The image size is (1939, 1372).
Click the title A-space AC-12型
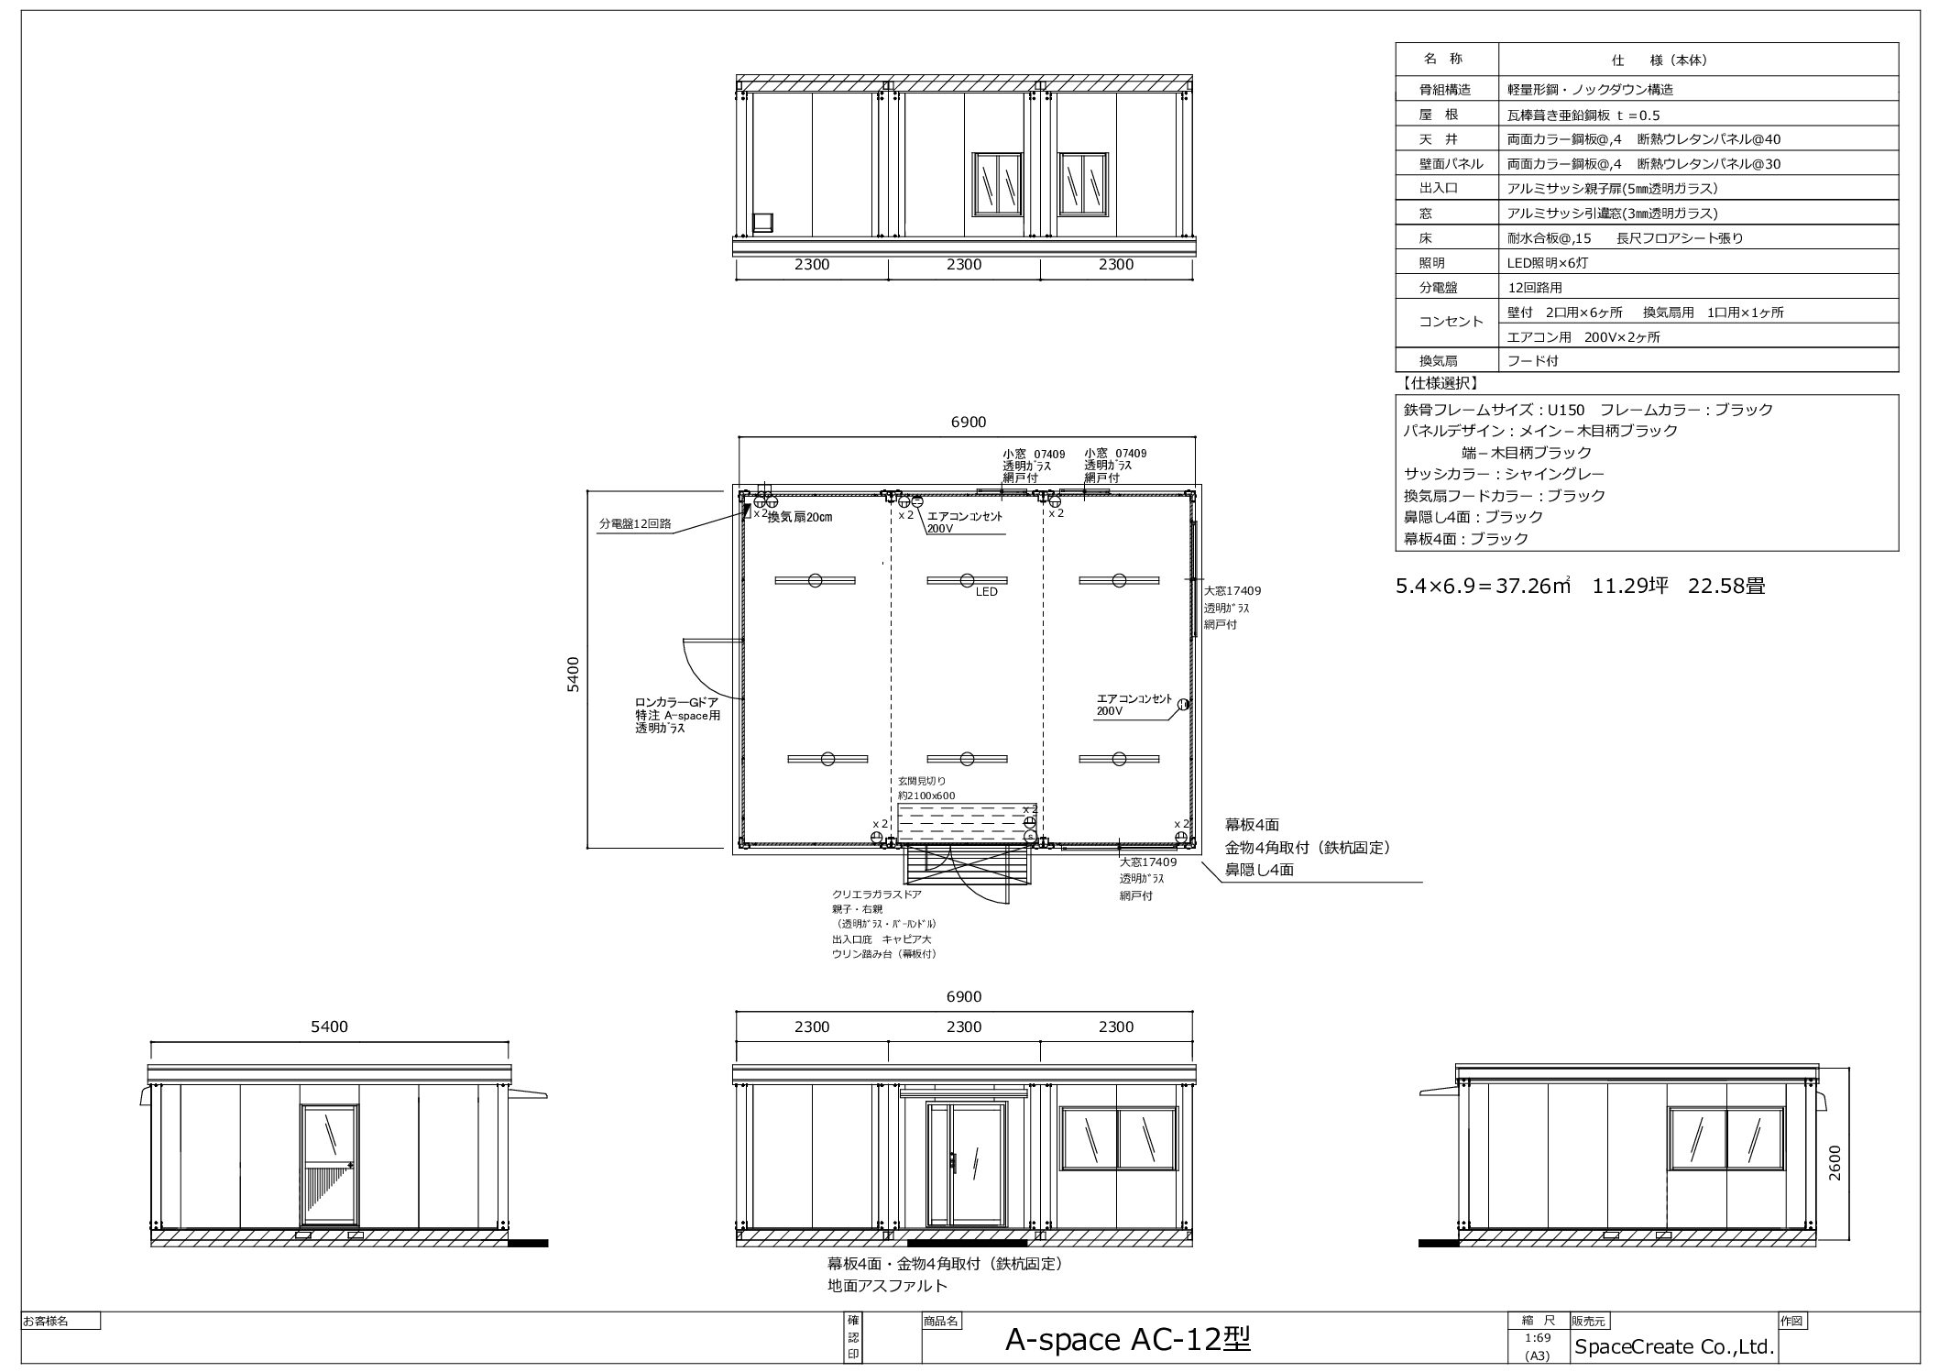coord(1127,1340)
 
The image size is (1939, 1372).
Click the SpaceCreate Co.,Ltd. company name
coord(1674,1347)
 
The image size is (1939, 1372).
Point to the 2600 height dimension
coord(1834,1162)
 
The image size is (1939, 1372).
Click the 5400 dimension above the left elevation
coord(329,1026)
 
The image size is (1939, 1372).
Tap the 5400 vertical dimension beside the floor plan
coord(573,674)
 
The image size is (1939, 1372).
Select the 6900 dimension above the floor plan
coord(968,422)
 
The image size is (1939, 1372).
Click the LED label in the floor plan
coord(986,592)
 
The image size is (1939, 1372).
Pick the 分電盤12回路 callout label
coord(635,524)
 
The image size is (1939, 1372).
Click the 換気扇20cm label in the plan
coord(800,518)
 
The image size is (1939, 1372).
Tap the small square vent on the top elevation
coord(762,223)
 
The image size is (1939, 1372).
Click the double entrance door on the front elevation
coord(965,1164)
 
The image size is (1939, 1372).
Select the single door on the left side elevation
coord(329,1165)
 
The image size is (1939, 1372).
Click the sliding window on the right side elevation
coord(1726,1138)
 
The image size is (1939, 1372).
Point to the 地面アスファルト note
coord(887,1286)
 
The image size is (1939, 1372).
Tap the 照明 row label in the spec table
coord(1438,263)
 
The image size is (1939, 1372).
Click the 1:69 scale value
coord(1538,1338)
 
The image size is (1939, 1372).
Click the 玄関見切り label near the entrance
coord(921,781)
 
